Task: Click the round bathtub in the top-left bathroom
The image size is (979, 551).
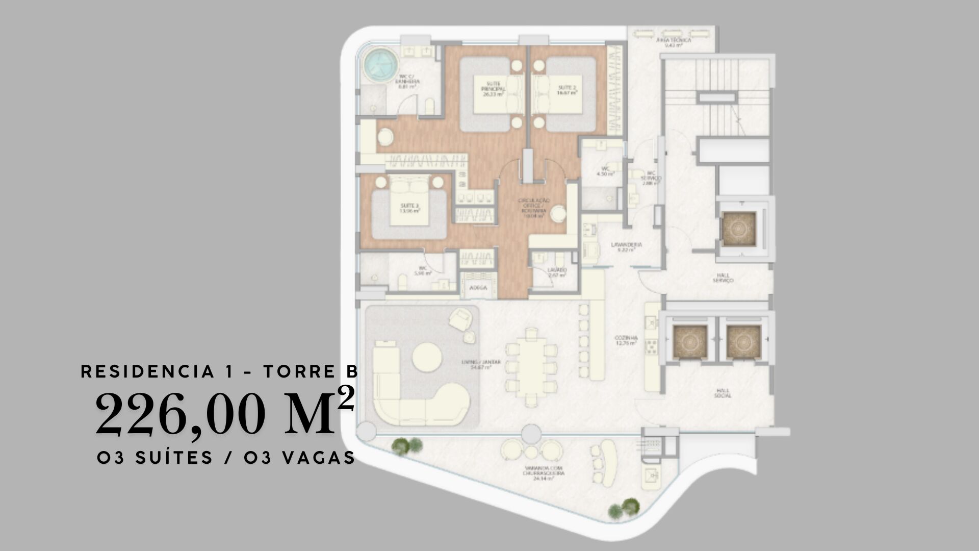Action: [x=380, y=65]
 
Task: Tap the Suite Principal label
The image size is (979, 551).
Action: [x=493, y=88]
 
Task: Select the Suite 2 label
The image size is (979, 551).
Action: [x=566, y=90]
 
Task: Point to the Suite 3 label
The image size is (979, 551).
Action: [x=409, y=208]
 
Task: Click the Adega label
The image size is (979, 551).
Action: [x=478, y=288]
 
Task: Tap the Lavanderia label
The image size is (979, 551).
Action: [x=626, y=246]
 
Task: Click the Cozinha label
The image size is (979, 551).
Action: [x=626, y=340]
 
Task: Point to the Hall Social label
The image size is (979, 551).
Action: [x=723, y=393]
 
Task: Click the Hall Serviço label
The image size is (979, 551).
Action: [x=723, y=278]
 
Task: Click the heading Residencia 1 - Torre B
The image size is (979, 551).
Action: [x=219, y=371]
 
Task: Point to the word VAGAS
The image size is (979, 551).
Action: [x=318, y=458]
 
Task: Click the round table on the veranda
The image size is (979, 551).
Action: [x=531, y=452]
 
